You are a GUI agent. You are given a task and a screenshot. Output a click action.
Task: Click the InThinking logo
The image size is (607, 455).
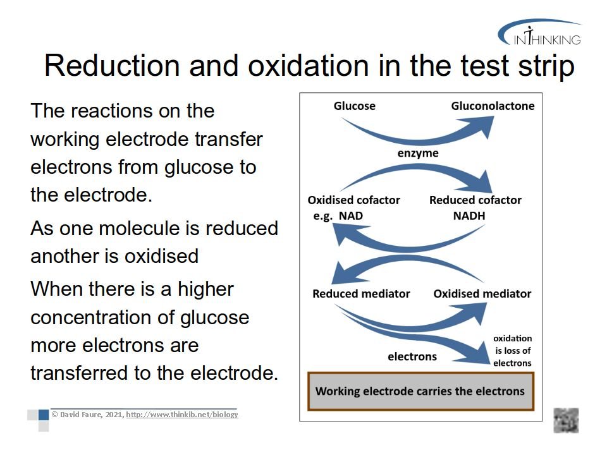pyautogui.click(x=539, y=32)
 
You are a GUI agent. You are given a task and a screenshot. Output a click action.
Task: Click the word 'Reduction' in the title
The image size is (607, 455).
pyautogui.click(x=112, y=65)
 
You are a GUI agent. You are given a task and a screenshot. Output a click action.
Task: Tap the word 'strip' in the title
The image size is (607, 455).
pyautogui.click(x=546, y=66)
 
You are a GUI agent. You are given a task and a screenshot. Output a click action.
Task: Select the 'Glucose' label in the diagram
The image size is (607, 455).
pyautogui.click(x=354, y=106)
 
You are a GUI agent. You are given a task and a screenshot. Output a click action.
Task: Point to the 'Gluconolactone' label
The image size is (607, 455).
pyautogui.click(x=493, y=106)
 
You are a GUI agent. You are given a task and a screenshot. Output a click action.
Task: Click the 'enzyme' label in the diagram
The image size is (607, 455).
pyautogui.click(x=418, y=153)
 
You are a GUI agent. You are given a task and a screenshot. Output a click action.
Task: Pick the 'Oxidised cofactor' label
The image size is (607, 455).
pyautogui.click(x=353, y=200)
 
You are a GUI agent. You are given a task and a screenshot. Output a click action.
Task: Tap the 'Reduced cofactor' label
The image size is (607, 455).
pyautogui.click(x=475, y=200)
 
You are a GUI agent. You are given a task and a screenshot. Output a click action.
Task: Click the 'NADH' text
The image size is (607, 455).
pyautogui.click(x=469, y=215)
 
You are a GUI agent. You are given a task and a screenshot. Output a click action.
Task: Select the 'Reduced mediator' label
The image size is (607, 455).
pyautogui.click(x=361, y=294)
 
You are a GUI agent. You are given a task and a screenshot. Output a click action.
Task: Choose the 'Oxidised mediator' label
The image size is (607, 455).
pyautogui.click(x=482, y=294)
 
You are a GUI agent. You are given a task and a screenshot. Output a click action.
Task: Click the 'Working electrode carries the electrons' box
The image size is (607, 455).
pyautogui.click(x=420, y=391)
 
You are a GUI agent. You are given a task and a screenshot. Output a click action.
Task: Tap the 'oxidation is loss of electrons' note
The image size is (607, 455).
pyautogui.click(x=512, y=351)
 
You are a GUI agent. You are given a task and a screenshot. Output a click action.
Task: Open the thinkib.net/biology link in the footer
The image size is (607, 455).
pyautogui.click(x=182, y=415)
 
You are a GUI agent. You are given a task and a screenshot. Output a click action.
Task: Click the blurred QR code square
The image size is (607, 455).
pyautogui.click(x=566, y=420)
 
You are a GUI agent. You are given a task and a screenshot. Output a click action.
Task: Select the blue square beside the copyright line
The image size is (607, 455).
pyautogui.click(x=44, y=415)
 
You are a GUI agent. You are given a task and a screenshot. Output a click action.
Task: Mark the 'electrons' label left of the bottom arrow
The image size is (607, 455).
pyautogui.click(x=412, y=356)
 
